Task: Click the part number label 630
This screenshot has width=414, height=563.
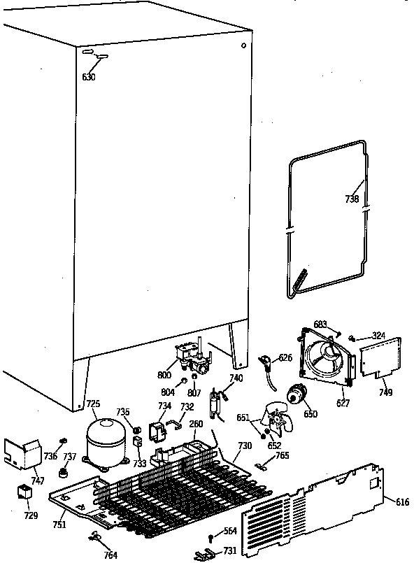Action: [x=89, y=77]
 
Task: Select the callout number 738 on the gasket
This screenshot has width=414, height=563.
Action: [x=352, y=199]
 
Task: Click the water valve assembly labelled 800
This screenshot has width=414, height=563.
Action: [x=192, y=359]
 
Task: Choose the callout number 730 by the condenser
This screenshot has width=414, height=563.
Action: [x=244, y=446]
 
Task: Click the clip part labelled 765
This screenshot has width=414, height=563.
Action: [x=262, y=466]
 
